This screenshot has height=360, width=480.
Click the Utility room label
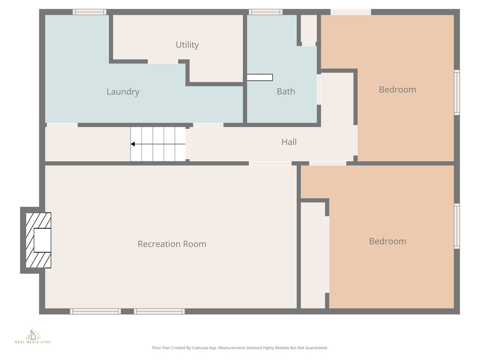(x=187, y=45)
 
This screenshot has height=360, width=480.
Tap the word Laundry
(x=123, y=92)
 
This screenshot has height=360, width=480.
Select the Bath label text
(x=285, y=92)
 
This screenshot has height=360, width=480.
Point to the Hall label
(x=289, y=142)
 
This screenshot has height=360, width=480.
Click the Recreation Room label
(x=172, y=244)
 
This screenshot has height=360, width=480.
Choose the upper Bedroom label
(x=397, y=90)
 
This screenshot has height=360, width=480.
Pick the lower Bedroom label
(x=387, y=241)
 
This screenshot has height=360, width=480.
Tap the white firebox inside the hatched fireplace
(x=42, y=240)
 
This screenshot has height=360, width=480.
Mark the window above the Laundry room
(x=89, y=12)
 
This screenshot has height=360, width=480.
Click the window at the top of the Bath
(x=265, y=12)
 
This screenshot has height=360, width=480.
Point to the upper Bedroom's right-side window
(x=457, y=92)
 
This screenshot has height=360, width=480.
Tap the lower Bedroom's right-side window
(x=457, y=226)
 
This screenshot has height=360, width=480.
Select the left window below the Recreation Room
(x=96, y=311)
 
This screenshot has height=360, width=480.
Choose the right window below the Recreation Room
(x=159, y=311)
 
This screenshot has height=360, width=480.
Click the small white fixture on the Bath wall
(x=260, y=78)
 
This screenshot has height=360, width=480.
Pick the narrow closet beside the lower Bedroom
(x=313, y=255)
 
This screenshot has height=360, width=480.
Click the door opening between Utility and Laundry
(x=163, y=61)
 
